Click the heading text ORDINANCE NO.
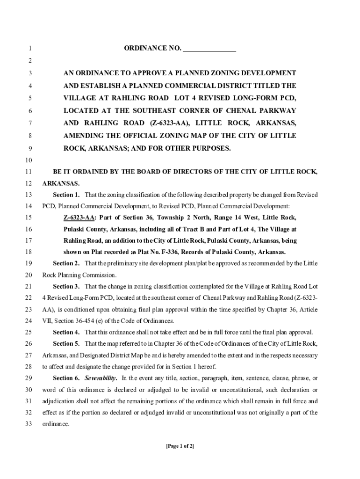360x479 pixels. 152,48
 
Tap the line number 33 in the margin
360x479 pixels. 28,424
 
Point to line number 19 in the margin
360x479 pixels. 28,263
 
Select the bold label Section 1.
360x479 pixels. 66,194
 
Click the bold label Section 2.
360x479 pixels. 66,263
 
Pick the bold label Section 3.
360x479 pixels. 66,286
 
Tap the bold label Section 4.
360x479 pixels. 66,332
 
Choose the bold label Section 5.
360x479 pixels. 66,344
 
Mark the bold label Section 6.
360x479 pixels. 66,378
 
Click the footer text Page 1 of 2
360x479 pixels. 180,446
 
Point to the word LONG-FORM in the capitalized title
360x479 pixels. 246,99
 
